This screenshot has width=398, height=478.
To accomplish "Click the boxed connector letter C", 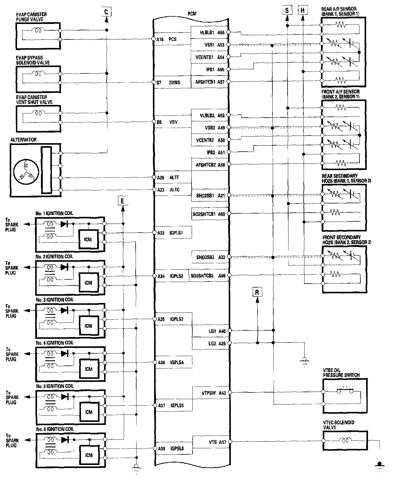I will [106, 12].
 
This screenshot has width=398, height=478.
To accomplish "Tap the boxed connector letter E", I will [122, 201].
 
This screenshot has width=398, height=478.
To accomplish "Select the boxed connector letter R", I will [257, 292].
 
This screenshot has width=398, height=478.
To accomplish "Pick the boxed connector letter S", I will [287, 11].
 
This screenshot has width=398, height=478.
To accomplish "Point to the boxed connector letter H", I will [303, 11].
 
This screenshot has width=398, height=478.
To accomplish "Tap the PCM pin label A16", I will [160, 39].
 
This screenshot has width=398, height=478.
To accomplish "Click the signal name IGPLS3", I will [177, 319].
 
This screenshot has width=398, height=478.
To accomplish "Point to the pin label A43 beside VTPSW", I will [222, 393].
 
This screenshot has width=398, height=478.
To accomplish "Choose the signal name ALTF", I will [174, 177].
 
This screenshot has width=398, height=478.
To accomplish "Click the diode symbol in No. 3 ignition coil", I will [64, 310].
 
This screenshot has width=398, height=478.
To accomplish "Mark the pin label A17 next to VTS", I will [222, 442].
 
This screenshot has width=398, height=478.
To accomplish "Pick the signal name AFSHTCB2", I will [206, 165].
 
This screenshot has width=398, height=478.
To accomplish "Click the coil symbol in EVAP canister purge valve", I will [39, 30].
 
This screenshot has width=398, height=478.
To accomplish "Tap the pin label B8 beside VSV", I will [160, 122].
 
